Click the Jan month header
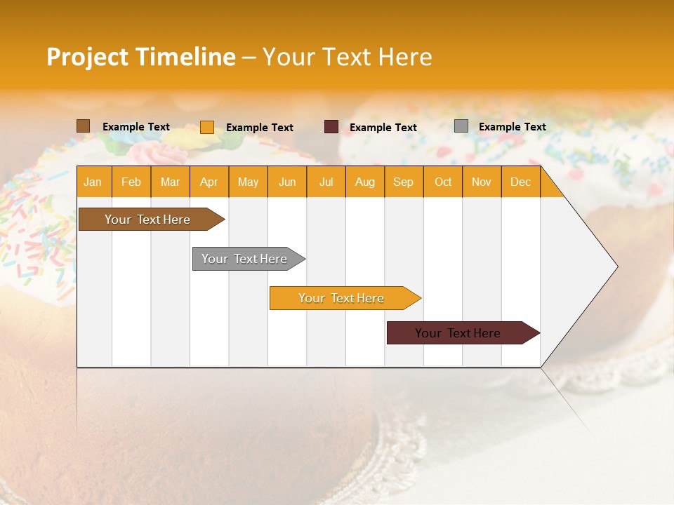coord(93,182)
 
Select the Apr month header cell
coord(209,182)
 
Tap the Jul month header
coord(326,182)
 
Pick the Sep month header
coord(403,182)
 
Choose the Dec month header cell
coord(520,182)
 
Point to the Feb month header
coord(131,182)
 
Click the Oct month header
coord(443,182)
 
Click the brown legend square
coord(83,126)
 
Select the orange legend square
coord(206,127)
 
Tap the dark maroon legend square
coord(331,127)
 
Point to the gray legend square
coord(461,126)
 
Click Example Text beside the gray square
coord(512,126)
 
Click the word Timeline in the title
coord(185,57)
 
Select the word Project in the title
coord(88,57)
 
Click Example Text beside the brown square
coord(136,126)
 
